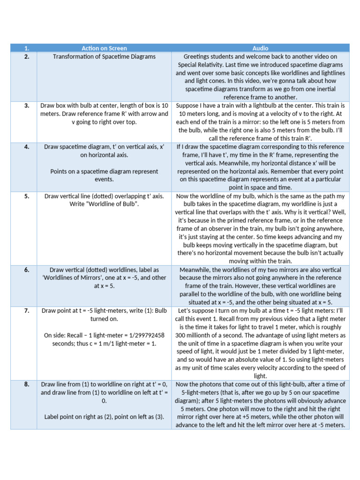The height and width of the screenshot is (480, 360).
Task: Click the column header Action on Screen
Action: (x=104, y=48)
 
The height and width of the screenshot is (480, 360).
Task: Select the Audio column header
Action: (x=260, y=48)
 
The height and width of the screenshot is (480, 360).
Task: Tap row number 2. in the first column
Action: (x=27, y=56)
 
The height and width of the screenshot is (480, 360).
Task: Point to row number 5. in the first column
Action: (x=27, y=196)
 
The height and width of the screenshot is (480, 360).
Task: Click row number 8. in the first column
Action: (x=27, y=384)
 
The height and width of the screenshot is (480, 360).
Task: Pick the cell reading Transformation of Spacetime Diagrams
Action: (x=104, y=56)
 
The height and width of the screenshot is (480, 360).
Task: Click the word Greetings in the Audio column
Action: (x=197, y=56)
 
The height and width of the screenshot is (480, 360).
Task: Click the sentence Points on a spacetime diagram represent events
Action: (x=104, y=175)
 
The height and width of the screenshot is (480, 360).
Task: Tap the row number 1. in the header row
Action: (x=27, y=48)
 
